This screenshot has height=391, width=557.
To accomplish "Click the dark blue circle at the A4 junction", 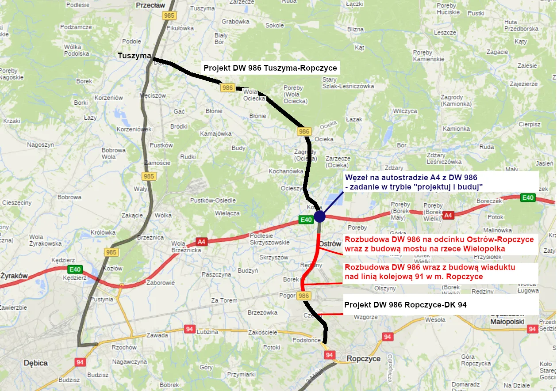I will tap(319, 217).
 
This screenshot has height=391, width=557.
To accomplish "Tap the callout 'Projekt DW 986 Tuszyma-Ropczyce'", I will tap(270, 68).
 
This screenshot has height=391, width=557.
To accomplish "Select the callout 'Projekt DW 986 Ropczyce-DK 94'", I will tap(405, 305).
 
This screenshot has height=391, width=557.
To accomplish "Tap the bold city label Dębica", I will tap(35, 363).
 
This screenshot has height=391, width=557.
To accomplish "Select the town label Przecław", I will tap(151, 5).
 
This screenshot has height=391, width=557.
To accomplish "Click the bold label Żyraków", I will tap(14, 276).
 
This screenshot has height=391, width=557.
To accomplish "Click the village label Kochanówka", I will tap(286, 171).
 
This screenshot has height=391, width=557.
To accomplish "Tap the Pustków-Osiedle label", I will tap(213, 201).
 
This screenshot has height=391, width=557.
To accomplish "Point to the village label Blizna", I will tap(355, 29).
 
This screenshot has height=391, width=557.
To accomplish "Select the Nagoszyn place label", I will tap(40, 144).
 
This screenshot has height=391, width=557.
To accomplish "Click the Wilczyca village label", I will tap(405, 111).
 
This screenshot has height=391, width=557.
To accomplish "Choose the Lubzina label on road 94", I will tap(208, 332).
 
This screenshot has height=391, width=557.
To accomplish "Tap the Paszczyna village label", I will tap(216, 274).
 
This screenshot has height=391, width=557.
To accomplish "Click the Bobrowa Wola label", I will tap(114, 153).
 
